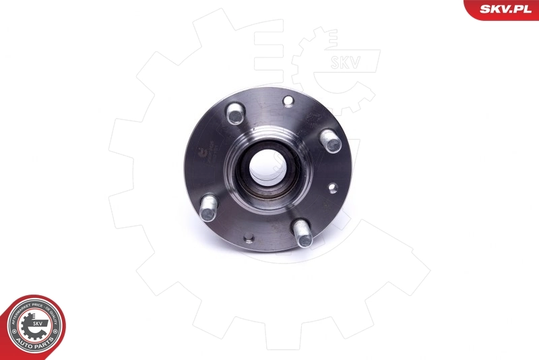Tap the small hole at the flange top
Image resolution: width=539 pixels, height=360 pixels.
288,102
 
